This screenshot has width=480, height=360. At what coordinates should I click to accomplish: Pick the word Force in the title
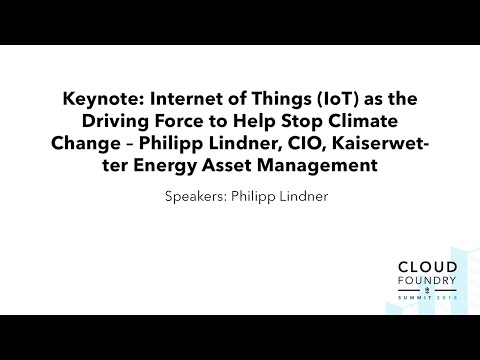coord(173,122)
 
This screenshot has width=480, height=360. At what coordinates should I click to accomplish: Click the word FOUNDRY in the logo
coord(401,284)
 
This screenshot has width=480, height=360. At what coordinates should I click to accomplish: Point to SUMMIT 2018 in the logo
coord(401,304)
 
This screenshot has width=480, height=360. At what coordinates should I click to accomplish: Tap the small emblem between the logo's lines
coord(401,295)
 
